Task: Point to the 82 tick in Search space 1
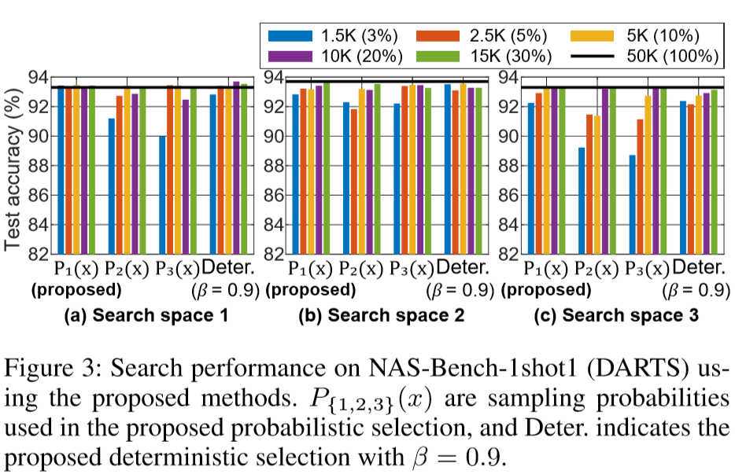click(37, 254)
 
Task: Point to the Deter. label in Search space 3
click(699, 267)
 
